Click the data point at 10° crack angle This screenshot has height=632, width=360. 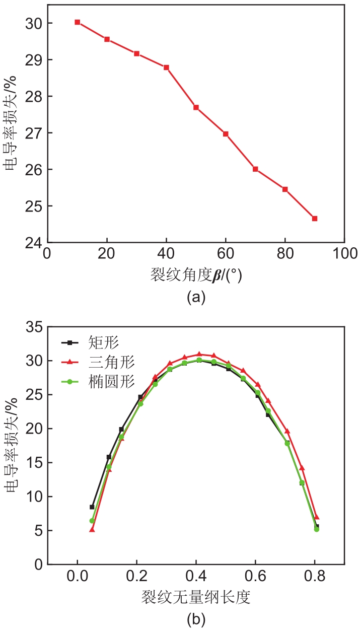click(78, 22)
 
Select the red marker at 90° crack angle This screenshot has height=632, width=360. click(315, 219)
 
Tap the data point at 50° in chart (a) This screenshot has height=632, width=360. click(196, 107)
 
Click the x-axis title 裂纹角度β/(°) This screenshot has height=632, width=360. click(196, 275)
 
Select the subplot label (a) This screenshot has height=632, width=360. click(196, 298)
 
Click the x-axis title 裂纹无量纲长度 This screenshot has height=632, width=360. click(196, 597)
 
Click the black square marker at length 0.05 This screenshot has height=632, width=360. click(92, 507)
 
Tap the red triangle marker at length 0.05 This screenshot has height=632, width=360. click(92, 529)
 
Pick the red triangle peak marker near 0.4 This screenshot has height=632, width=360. click(199, 355)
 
